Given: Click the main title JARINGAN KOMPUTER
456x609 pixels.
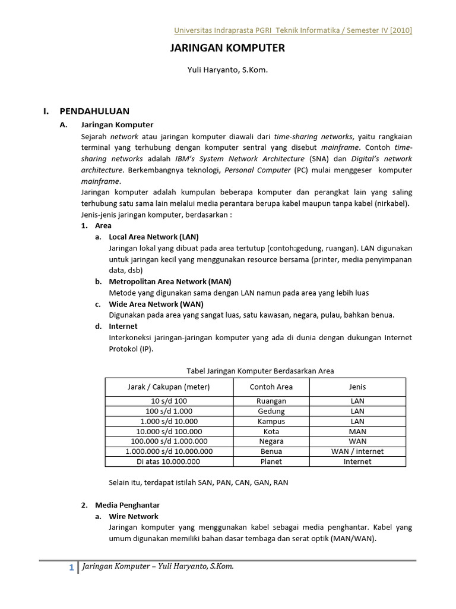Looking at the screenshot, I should point(227,48).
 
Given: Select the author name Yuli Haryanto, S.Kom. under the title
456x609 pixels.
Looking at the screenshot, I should point(228,70).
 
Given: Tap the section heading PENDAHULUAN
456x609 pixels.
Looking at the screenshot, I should point(94,111).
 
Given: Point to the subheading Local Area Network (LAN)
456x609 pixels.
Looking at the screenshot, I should point(154,236).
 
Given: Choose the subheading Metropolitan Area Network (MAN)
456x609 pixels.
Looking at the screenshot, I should point(170,281).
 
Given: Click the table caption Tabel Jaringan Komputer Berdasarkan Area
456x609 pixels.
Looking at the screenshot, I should point(260,371).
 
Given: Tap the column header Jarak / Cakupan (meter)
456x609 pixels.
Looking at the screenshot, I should point(169,387).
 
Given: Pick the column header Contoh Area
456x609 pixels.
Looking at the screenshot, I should point(271,387).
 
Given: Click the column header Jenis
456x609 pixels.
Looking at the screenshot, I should point(357,387).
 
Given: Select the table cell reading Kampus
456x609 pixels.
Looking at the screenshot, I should point(271,421).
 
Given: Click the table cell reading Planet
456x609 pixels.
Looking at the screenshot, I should point(271,462).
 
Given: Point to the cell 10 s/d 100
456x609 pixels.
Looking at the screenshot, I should point(169,401).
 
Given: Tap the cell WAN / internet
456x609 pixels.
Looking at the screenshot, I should point(357,451).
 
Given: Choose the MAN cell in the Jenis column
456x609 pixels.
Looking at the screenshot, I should point(357,431).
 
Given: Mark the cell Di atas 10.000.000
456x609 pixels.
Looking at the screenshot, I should point(169,462).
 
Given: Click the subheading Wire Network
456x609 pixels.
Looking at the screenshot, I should point(134,516).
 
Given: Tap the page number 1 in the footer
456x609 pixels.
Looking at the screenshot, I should point(71,568).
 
